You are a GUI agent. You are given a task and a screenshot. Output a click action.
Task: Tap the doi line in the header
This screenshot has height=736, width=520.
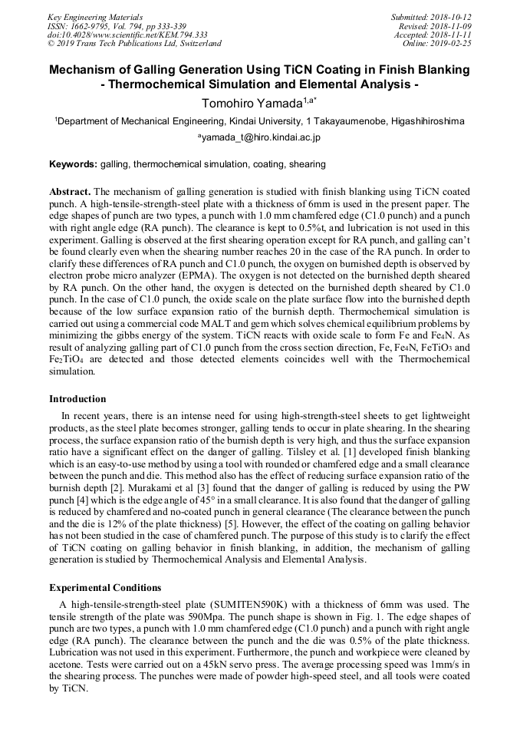click(127, 35)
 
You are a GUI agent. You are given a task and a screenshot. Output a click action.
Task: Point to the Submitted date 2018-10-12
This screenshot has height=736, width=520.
click(451, 16)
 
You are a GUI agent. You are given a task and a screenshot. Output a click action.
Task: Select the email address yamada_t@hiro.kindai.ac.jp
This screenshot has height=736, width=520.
click(262, 137)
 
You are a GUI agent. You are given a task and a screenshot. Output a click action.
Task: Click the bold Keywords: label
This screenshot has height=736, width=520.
click(74, 164)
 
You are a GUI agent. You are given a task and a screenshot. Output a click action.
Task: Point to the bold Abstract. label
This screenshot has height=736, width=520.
click(70, 191)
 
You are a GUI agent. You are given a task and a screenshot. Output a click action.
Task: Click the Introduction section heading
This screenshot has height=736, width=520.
click(77, 399)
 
